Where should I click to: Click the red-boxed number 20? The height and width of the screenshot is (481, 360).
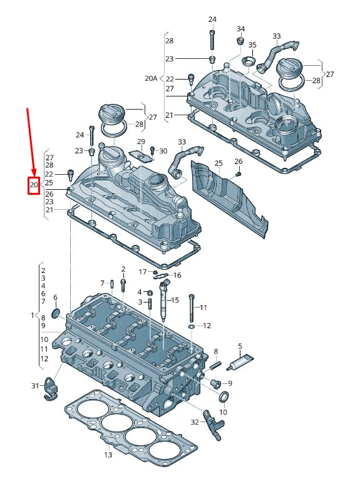pyautogui.click(x=34, y=185)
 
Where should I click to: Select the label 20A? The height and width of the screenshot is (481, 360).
pyautogui.click(x=150, y=78)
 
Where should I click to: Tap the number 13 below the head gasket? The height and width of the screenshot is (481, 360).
pyautogui.click(x=108, y=455)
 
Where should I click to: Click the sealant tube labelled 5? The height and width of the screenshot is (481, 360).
pyautogui.click(x=242, y=361)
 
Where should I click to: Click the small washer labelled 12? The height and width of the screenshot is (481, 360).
pyautogui.click(x=191, y=326)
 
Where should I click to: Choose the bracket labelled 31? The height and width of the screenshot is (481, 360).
pyautogui.click(x=51, y=388)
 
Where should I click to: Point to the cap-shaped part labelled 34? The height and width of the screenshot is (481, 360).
pyautogui.click(x=239, y=41)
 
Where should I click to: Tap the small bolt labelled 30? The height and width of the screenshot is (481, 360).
pyautogui.click(x=152, y=151)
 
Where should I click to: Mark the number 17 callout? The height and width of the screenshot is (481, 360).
pyautogui.click(x=142, y=272)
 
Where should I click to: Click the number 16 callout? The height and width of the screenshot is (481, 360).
pyautogui.click(x=177, y=275)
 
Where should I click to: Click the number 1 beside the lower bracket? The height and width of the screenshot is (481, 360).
pyautogui.click(x=33, y=314)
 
